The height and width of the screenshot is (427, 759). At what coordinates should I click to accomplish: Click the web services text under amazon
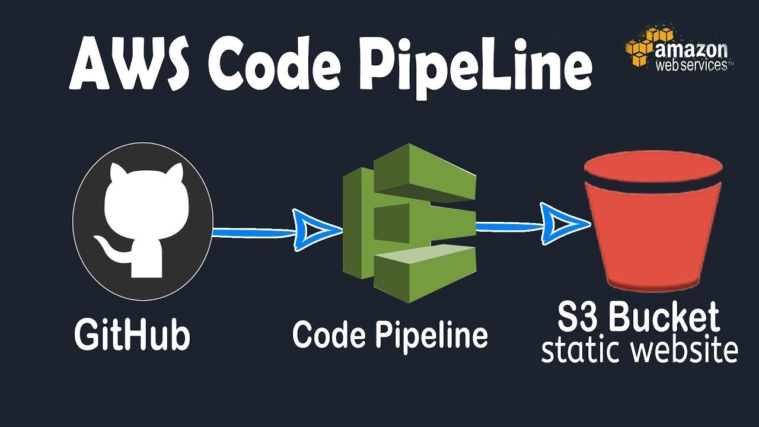click(691, 65)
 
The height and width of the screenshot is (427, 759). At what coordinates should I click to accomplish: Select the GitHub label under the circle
click(132, 335)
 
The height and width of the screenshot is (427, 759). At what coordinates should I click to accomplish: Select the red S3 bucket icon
click(652, 231)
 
